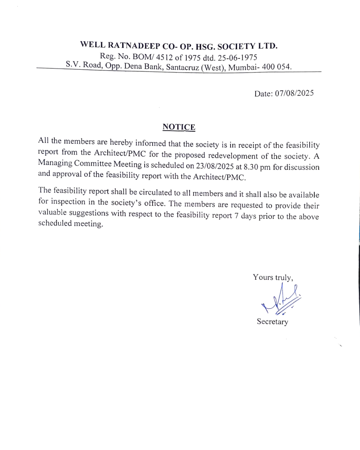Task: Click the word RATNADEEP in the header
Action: point(134,45)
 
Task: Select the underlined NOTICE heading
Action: point(179,127)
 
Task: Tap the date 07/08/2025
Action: point(294,93)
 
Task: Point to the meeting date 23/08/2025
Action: point(215,166)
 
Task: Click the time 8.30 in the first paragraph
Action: point(251,167)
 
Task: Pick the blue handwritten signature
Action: point(282,299)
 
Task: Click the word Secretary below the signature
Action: point(272,322)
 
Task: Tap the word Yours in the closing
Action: point(263,277)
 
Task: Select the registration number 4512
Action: point(164,57)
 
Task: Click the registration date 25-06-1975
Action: point(237,58)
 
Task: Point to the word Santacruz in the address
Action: point(183,67)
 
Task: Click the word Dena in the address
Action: point(133,66)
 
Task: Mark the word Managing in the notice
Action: point(55,163)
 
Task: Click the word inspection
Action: point(68,202)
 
